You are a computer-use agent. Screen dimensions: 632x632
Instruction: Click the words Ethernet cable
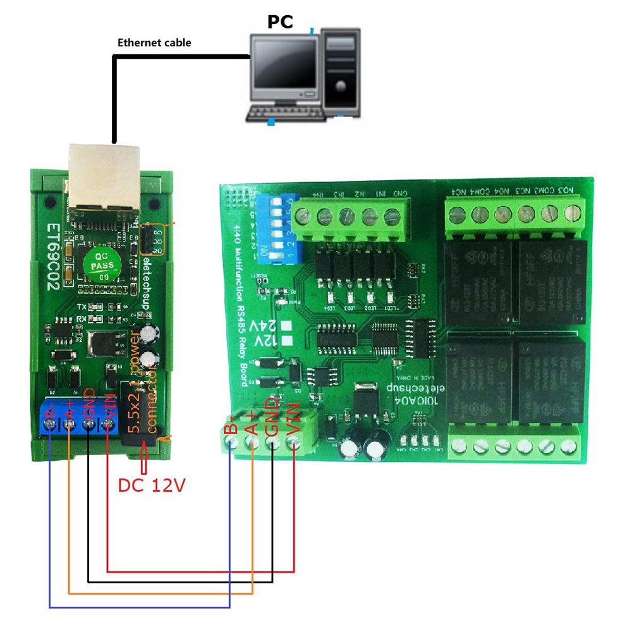click(x=154, y=43)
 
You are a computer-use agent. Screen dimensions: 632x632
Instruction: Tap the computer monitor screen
click(x=284, y=68)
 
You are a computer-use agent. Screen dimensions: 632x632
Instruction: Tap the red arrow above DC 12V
click(x=144, y=458)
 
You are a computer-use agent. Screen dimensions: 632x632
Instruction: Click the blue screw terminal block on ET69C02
click(x=79, y=418)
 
